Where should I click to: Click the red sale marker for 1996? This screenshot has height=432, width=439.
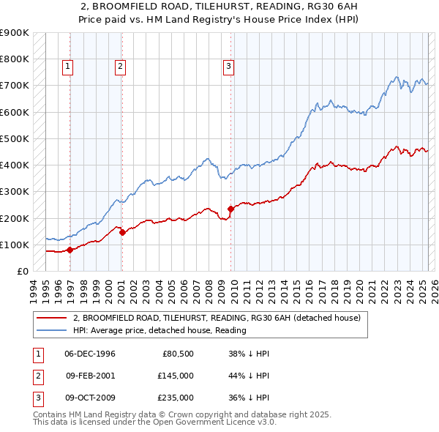[70, 250]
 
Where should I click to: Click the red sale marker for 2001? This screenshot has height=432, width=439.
[122, 233]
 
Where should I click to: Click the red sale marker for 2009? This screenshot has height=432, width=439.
[230, 209]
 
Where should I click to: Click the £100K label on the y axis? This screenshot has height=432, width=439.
[14, 245]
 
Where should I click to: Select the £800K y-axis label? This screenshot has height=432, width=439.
[14, 59]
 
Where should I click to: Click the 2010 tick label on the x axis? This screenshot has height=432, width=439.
[236, 288]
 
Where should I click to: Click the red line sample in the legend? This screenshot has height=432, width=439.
[51, 319]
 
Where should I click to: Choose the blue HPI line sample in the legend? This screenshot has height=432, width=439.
[51, 330]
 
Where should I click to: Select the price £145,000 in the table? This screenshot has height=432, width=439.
[176, 376]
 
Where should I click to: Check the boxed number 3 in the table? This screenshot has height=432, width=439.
[37, 398]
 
